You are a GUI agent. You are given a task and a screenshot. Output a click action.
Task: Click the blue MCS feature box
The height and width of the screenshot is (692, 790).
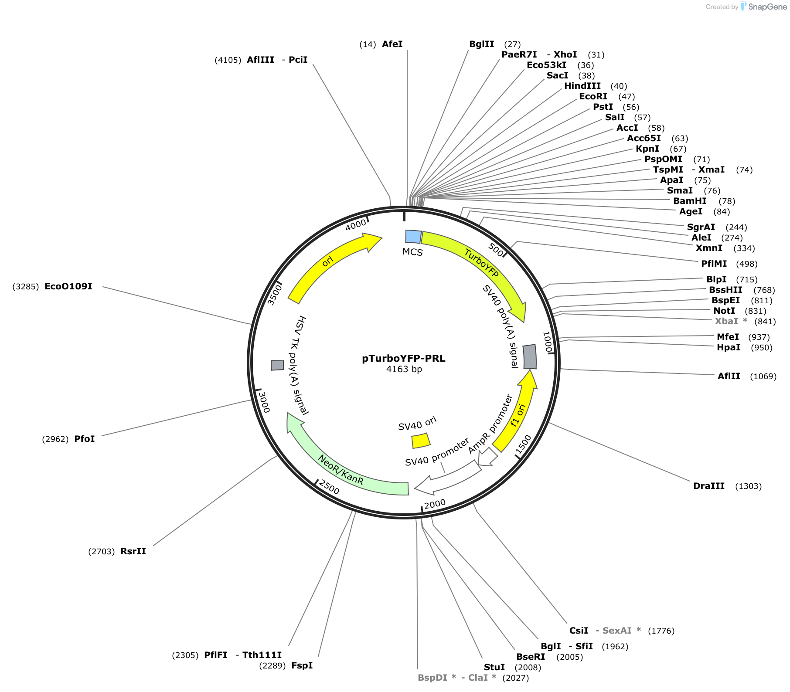[413, 237]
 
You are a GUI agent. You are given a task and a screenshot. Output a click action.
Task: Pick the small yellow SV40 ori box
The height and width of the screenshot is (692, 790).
[421, 441]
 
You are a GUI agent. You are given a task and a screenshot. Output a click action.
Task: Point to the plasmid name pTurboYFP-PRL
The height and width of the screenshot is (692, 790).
[404, 359]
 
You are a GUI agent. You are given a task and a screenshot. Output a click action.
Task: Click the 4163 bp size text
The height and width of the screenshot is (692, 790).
[404, 370]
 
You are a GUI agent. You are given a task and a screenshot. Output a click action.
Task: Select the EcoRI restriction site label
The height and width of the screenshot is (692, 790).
[593, 96]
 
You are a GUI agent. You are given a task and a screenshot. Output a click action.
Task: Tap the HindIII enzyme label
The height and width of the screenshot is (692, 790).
[582, 86]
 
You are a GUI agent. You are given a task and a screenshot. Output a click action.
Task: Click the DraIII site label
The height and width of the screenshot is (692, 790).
[709, 486]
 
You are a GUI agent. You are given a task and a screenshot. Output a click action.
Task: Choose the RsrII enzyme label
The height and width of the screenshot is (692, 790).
[133, 551]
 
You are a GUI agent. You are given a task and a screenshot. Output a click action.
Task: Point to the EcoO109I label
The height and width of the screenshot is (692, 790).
[68, 286]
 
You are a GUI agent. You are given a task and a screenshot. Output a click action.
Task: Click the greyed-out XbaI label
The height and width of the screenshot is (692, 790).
[726, 321]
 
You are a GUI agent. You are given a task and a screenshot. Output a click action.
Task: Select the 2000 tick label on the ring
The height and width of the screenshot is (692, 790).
[435, 504]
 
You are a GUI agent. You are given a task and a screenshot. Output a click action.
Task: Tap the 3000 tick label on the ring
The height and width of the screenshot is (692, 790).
[264, 402]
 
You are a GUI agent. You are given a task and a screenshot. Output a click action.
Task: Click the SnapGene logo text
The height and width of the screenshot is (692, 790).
[768, 7]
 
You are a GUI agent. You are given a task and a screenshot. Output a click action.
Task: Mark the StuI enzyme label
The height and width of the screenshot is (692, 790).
[494, 667]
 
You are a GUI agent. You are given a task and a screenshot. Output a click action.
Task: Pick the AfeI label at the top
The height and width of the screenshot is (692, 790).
[392, 44]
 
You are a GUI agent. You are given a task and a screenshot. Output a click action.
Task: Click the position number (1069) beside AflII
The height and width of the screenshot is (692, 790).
[763, 376]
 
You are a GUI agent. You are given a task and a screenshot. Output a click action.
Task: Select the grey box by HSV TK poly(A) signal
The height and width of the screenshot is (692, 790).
[277, 365]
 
